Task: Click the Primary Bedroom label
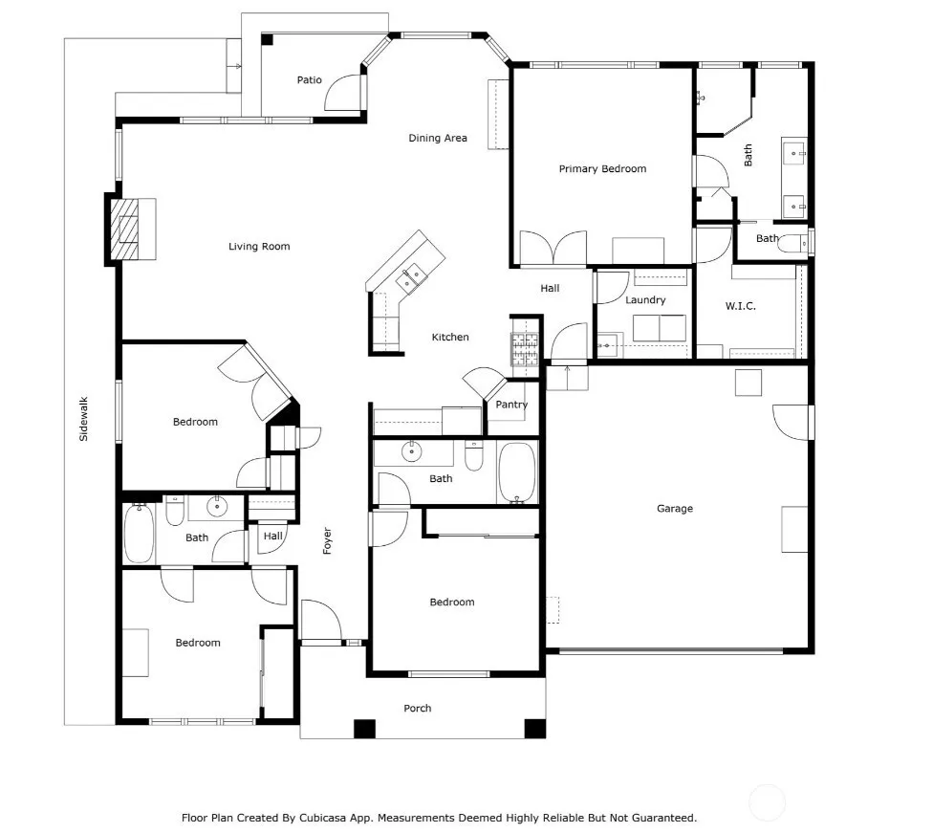pos(602,168)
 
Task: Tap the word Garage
pos(675,509)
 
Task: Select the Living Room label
pos(259,247)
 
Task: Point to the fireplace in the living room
pos(125,230)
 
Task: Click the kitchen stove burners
pos(525,349)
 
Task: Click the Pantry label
pos(511,405)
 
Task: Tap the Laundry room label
pos(645,300)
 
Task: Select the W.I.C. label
pos(740,306)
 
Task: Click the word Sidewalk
pos(83,419)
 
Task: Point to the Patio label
pos(310,79)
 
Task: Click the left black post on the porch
pos(365,730)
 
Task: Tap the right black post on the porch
pos(535,729)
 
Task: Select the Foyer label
pos(327,540)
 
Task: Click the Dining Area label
pos(438,138)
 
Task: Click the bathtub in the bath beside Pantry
pos(517,472)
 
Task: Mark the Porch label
pos(417,709)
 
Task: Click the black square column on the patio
pos(267,40)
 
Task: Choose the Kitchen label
pos(450,337)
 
